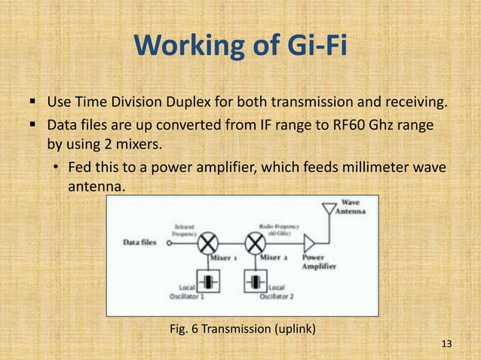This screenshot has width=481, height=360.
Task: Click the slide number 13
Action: click(446, 344)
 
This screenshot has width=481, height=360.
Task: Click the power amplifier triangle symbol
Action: click(310, 243)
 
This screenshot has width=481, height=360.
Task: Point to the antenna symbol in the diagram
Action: click(328, 211)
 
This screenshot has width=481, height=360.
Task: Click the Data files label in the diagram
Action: click(140, 243)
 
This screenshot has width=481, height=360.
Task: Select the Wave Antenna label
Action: click(354, 207)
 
